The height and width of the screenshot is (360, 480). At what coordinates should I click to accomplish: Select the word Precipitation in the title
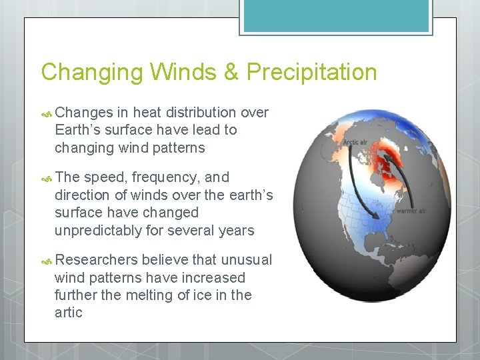click(x=311, y=72)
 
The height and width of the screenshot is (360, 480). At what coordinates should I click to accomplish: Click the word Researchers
click(x=97, y=260)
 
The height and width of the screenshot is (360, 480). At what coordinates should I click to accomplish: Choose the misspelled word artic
click(x=69, y=313)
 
